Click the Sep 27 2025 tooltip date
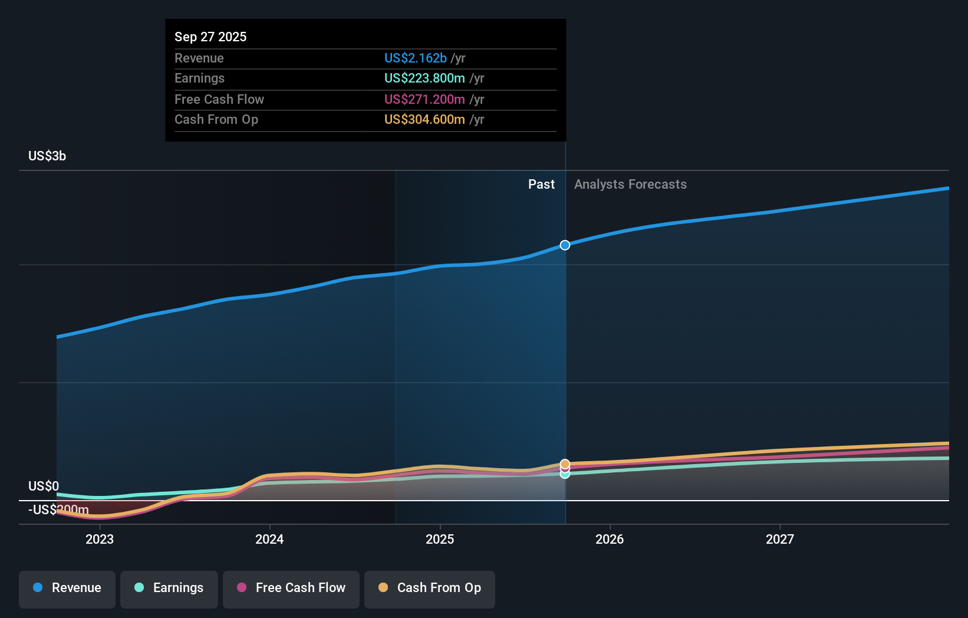point(210,37)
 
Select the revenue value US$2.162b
point(415,58)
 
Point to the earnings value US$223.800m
point(424,78)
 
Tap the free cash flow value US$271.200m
point(424,99)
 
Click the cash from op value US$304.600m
point(424,119)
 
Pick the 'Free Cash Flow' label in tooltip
point(219,99)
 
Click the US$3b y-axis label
point(47,156)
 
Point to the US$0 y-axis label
point(44,486)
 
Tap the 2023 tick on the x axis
point(100,539)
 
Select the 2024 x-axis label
point(269,539)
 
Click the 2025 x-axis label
point(440,539)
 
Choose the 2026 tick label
point(610,539)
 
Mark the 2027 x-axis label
point(779,539)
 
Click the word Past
point(541,184)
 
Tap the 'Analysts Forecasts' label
point(630,184)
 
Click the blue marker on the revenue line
point(565,245)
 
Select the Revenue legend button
point(67,588)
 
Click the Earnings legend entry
point(169,588)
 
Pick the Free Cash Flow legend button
point(291,588)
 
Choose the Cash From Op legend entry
point(430,588)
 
